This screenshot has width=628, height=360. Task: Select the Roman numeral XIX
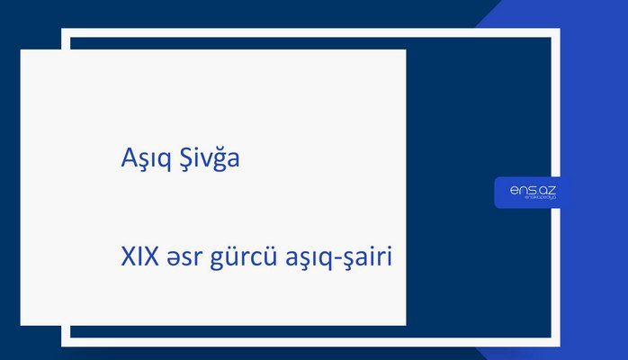point(137,257)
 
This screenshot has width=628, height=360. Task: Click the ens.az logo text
point(534,189)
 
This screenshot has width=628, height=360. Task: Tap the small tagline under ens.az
point(534,200)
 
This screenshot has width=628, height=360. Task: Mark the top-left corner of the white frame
point(65,32)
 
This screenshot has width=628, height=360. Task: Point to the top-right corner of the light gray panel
point(405,50)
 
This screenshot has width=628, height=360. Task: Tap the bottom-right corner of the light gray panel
point(405,324)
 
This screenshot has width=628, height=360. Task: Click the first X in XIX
point(127,257)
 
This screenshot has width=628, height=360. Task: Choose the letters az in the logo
point(549,189)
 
